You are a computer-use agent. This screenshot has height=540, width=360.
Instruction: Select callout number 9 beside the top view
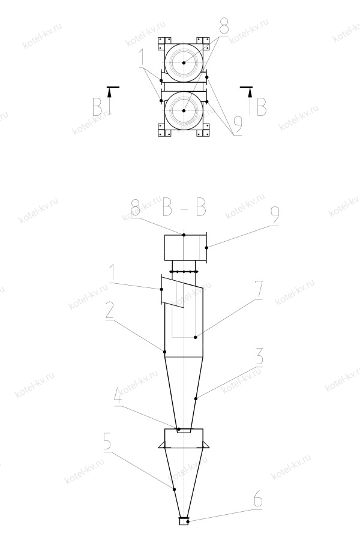(236, 125)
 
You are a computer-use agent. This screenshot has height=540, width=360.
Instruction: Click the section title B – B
(184, 209)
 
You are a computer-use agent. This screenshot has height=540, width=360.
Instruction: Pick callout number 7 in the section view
(257, 290)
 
